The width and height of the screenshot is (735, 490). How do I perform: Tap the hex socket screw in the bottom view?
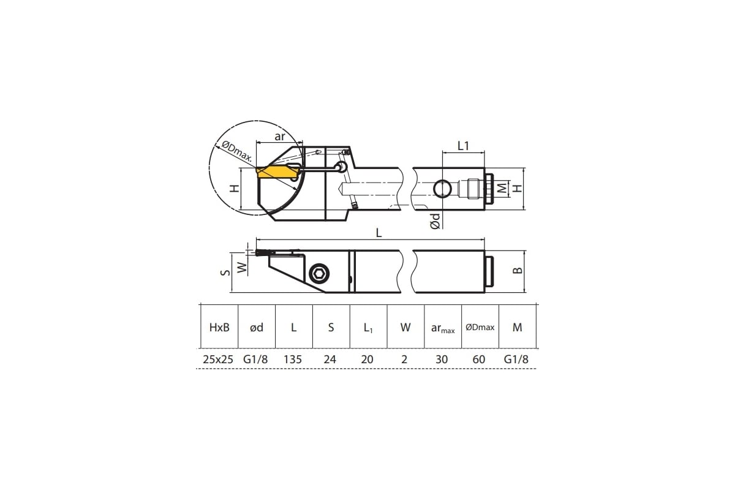pos(319,273)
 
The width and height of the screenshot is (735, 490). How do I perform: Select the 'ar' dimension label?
pos(279,136)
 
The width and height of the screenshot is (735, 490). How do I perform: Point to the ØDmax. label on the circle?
pos(237,151)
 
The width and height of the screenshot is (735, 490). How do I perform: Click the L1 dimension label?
pos(463,146)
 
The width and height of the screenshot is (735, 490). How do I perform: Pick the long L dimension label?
pos(379,233)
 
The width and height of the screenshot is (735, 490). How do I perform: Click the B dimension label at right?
pos(518,271)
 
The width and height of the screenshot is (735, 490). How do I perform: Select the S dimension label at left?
pos(225,272)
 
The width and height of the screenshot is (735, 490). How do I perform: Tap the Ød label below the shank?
pos(435,221)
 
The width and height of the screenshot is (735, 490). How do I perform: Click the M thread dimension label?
pos(502,188)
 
